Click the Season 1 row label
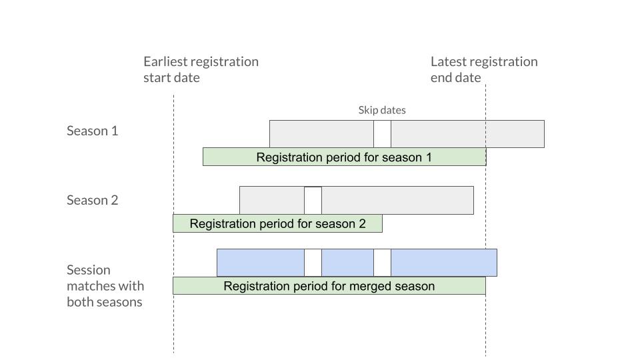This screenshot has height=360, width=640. click(x=92, y=131)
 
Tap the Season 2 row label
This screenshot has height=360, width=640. click(x=92, y=200)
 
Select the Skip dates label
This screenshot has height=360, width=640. click(x=382, y=110)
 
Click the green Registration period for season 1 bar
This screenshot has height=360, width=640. click(x=345, y=157)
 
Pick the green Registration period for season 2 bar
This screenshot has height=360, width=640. click(x=277, y=224)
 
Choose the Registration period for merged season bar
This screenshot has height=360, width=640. click(x=329, y=286)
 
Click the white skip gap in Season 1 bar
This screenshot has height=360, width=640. click(x=382, y=134)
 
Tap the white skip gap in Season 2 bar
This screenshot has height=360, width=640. click(x=313, y=201)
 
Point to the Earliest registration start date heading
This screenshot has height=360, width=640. click(x=201, y=69)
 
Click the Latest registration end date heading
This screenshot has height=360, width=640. click(x=484, y=69)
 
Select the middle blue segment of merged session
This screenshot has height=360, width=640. click(x=347, y=263)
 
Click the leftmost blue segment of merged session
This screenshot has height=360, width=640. click(x=261, y=263)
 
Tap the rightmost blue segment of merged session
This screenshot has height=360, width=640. click(x=444, y=263)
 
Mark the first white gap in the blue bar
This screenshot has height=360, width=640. click(x=313, y=263)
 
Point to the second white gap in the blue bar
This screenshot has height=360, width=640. click(x=382, y=263)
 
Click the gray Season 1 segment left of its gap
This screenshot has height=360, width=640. click(x=321, y=134)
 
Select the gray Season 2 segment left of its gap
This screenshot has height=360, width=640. click(x=272, y=201)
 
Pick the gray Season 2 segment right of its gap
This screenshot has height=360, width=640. click(x=397, y=201)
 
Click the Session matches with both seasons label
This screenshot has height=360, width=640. click(x=105, y=286)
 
